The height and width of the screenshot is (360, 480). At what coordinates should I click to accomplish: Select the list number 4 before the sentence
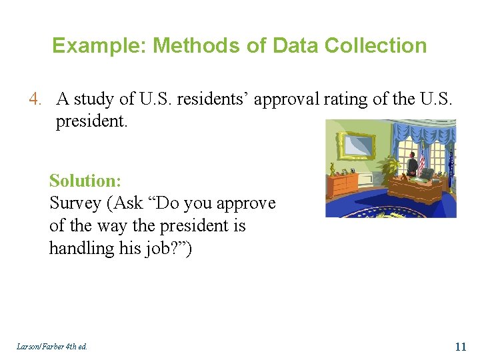[x=35, y=99]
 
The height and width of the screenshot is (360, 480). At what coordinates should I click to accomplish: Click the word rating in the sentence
[x=364, y=99]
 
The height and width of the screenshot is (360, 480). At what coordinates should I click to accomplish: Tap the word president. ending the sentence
[x=87, y=122]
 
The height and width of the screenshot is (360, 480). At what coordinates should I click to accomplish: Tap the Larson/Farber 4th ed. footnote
[x=52, y=347]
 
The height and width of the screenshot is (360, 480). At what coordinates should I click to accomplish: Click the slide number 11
[x=460, y=346]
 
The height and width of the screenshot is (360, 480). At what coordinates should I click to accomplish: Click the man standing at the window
[x=413, y=163]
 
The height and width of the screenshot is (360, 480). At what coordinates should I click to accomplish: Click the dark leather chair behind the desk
[x=427, y=173]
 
